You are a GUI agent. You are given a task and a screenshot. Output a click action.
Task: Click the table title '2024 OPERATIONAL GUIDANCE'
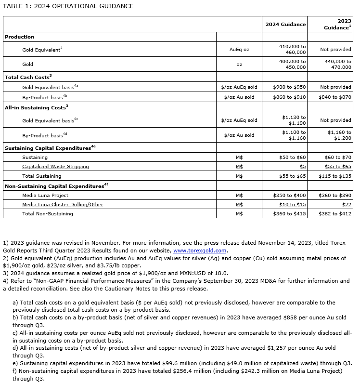[84, 6]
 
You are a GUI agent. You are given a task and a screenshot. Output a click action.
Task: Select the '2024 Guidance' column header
[285, 24]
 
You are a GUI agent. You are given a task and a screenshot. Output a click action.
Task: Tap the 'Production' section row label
[20, 37]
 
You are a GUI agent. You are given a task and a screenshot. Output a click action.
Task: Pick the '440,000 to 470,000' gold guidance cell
[335, 64]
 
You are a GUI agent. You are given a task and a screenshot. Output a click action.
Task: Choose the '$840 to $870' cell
[335, 97]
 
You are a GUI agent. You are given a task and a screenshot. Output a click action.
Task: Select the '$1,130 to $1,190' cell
[294, 120]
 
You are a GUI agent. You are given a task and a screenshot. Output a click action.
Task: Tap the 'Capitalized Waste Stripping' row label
[55, 166]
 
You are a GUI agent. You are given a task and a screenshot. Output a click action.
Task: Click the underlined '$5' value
[303, 166]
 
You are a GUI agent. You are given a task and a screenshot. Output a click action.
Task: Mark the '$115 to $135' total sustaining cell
[335, 176]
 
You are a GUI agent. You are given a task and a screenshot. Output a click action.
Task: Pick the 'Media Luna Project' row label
[45, 195]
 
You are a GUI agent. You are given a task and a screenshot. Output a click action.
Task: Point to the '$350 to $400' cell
[292, 195]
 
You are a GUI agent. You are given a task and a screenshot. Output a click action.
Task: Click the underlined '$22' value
[347, 204]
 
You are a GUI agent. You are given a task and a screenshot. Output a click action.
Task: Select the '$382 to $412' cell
[335, 213]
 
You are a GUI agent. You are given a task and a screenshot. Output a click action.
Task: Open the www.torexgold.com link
[199, 251]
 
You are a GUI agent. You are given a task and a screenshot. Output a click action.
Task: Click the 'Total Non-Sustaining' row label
[48, 213]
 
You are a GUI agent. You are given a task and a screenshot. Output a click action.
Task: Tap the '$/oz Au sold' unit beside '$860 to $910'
[239, 97]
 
